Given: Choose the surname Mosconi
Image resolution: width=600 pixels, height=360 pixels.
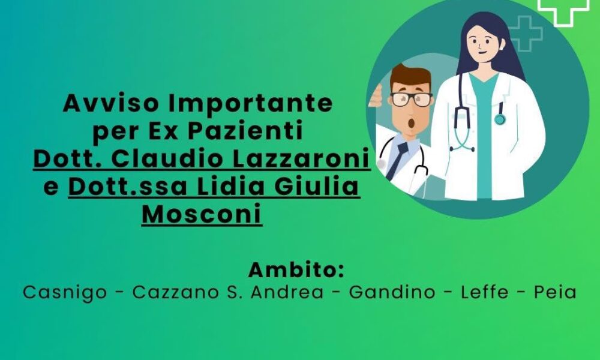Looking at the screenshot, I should pos(202,215).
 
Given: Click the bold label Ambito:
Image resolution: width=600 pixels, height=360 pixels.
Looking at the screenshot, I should pos(296,269).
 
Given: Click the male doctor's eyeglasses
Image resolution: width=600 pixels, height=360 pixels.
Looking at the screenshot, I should pos(411,98).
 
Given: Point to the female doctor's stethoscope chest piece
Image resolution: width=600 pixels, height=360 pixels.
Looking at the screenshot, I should pos(500,120).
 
